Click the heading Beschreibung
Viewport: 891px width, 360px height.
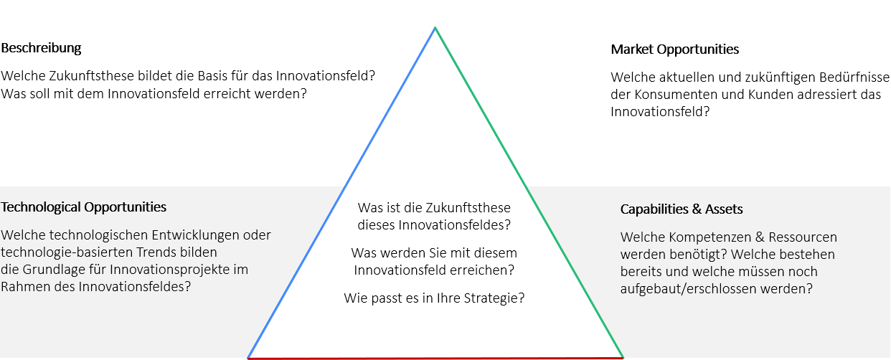(41, 48)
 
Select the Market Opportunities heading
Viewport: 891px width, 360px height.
(674, 49)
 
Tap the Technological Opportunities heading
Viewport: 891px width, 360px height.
(83, 207)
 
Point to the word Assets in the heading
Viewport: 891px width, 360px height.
(724, 209)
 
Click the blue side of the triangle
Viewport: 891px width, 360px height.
(341, 193)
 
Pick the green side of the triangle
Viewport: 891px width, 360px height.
(529, 193)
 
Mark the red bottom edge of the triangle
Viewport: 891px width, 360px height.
(435, 359)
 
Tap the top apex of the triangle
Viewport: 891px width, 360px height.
(435, 27)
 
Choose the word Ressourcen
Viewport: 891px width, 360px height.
(803, 237)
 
